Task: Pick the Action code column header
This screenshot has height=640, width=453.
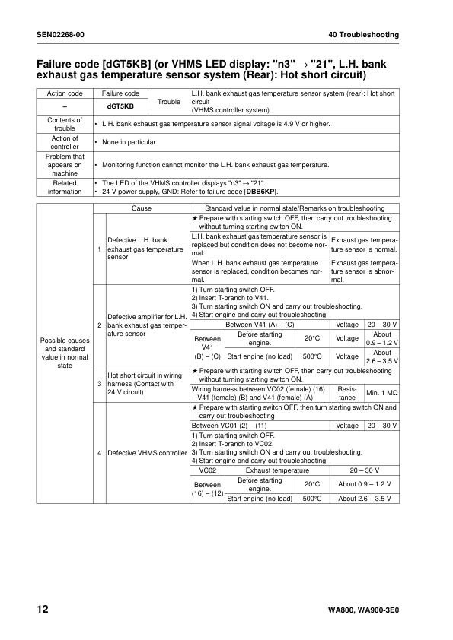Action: click(x=65, y=93)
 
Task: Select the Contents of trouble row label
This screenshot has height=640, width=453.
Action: click(x=65, y=124)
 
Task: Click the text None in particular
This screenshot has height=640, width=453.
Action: click(x=129, y=142)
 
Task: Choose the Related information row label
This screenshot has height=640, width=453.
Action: click(x=65, y=187)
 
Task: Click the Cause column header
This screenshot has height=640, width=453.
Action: click(x=141, y=208)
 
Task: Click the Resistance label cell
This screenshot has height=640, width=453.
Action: click(x=346, y=392)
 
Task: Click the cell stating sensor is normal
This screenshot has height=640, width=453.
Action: click(x=364, y=244)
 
